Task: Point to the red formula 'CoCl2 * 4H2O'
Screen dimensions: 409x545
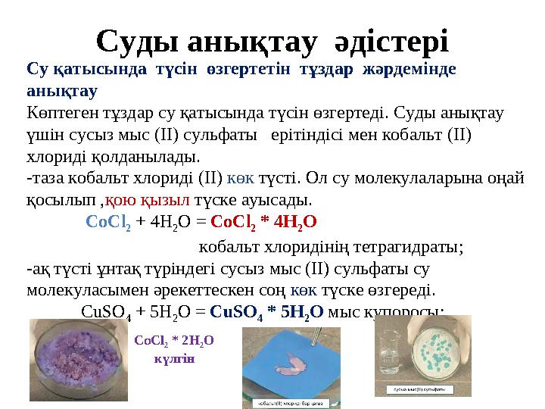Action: tap(263, 223)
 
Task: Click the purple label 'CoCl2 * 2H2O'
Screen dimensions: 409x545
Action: tap(174, 341)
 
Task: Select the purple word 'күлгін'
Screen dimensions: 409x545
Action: tap(174, 358)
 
